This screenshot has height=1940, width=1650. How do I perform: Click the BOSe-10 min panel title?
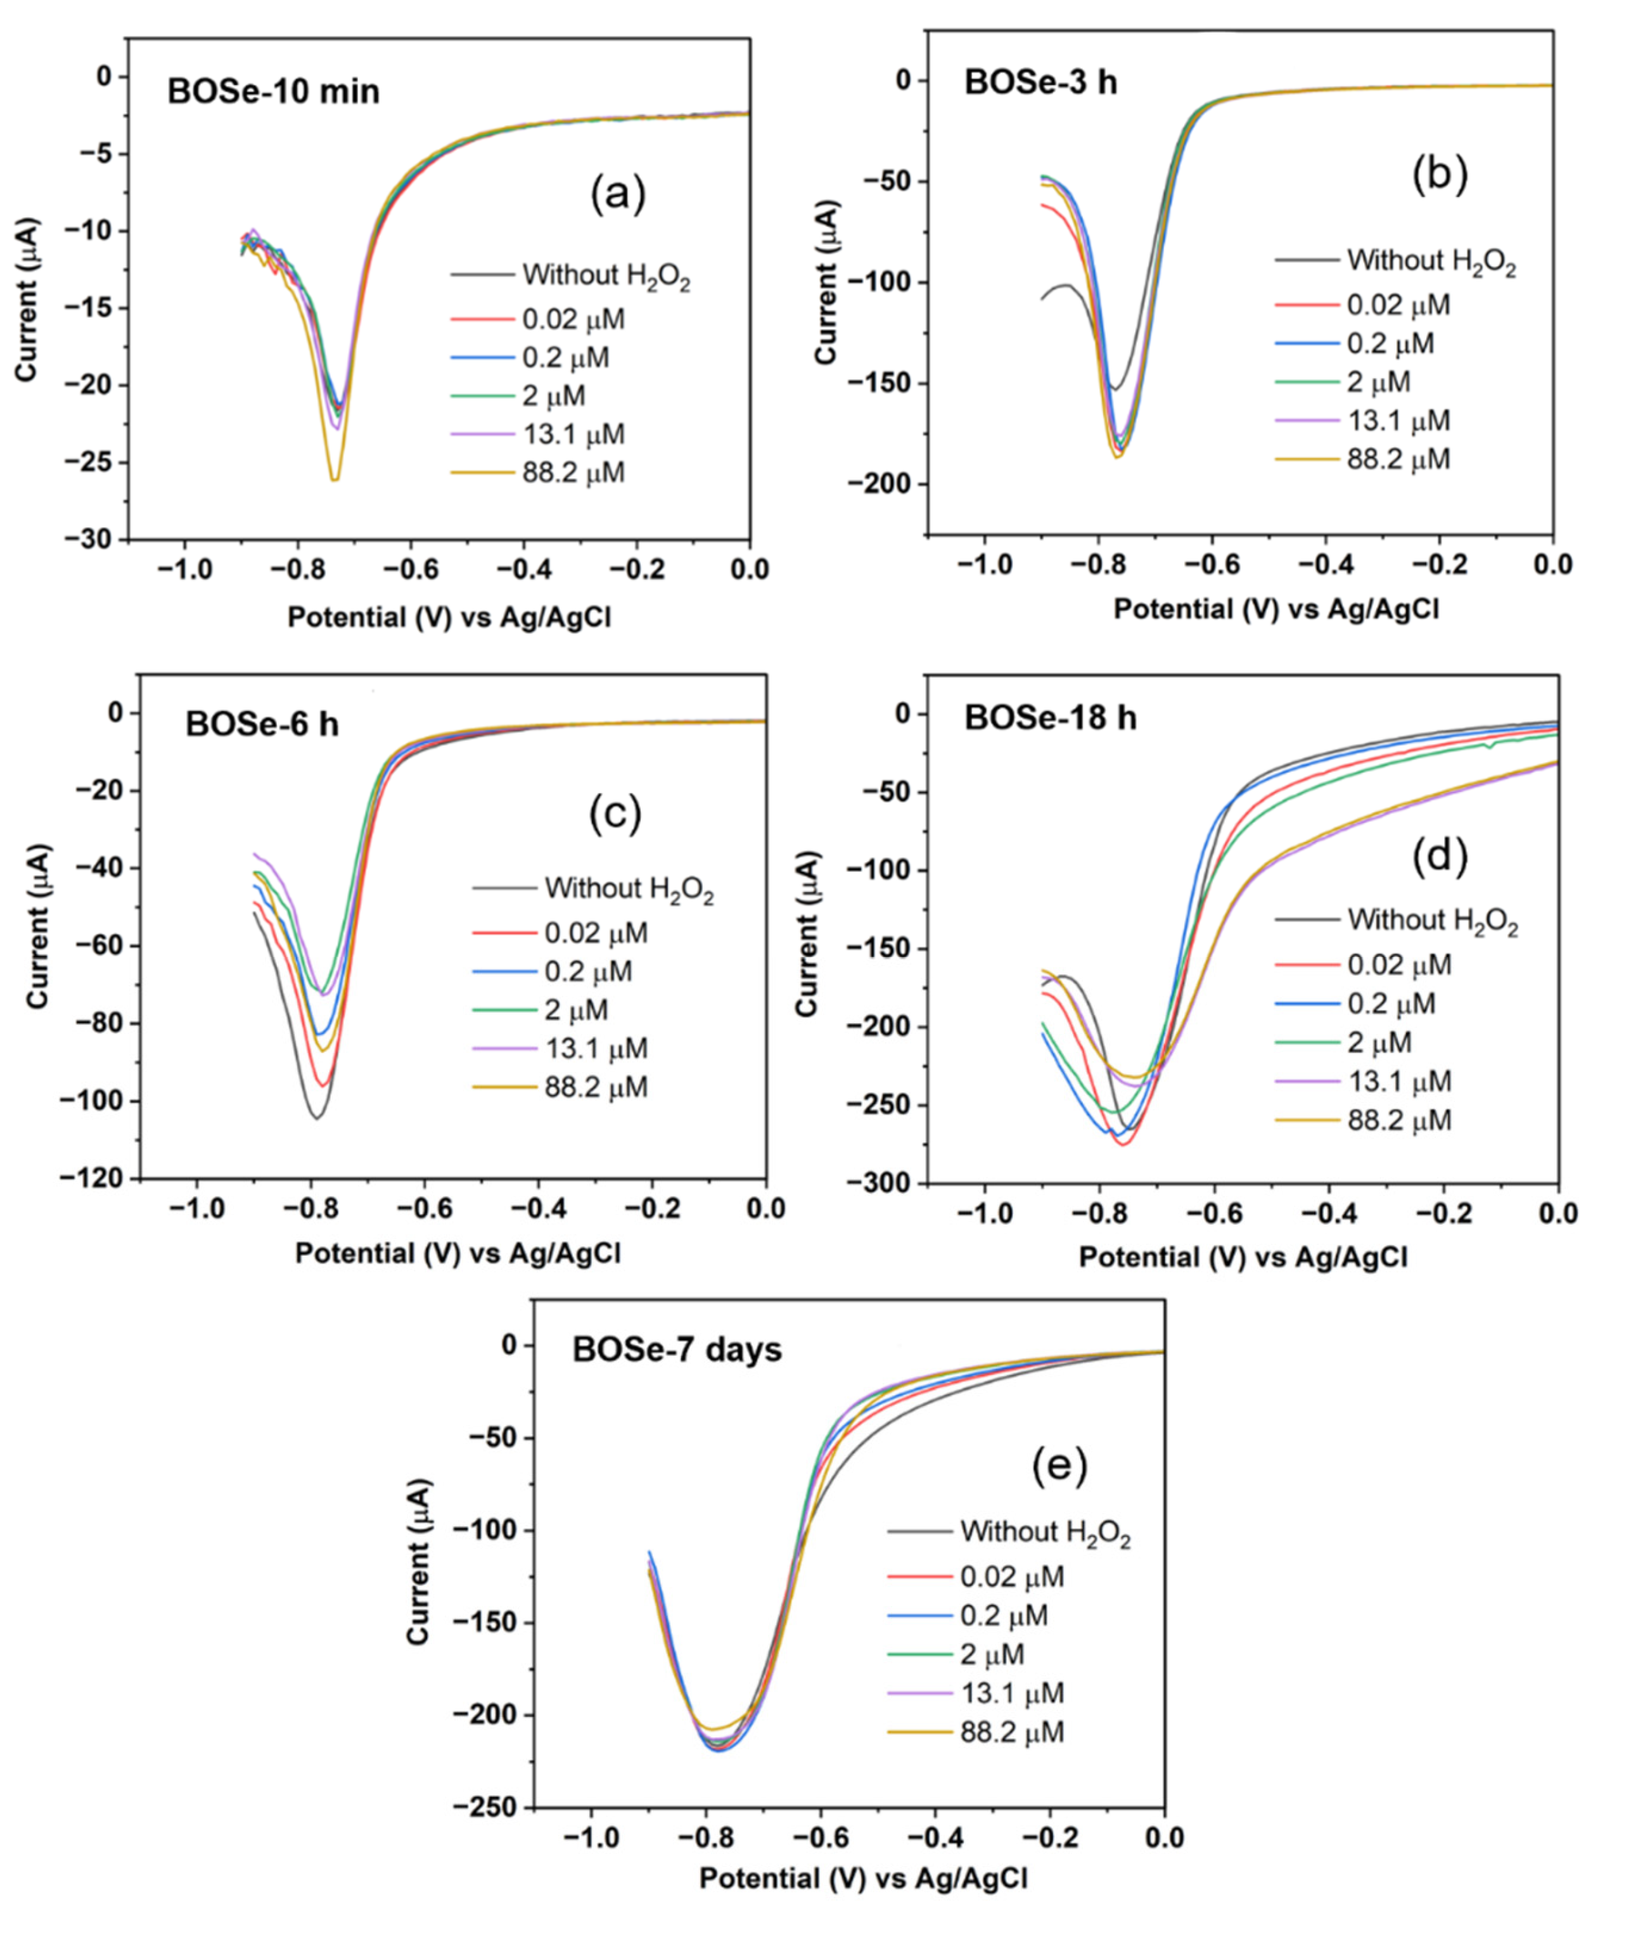273,92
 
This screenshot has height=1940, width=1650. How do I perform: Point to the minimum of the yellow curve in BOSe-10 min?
334,480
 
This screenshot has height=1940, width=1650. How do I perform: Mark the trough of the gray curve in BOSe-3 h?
1113,389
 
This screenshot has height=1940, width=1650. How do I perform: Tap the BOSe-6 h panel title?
262,724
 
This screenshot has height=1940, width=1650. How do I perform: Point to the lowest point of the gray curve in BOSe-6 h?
317,1118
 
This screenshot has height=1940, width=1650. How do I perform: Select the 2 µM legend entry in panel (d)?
1377,1042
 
